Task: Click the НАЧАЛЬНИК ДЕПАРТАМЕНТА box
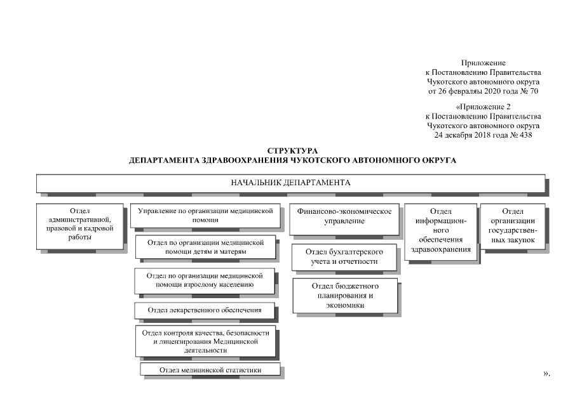coord(290,183)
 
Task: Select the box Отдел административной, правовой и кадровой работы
coord(79,226)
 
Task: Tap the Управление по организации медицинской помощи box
coord(205,216)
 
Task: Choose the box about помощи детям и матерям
coord(205,247)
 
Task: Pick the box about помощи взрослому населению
coord(204,281)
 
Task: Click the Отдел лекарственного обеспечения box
coord(204,310)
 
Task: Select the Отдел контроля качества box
coord(205,341)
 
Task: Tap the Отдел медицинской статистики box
coord(210,369)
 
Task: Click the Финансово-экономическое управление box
coord(344,219)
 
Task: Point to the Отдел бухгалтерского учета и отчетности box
coord(344,258)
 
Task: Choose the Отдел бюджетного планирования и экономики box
coord(345,296)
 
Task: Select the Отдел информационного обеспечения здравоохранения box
coord(441,232)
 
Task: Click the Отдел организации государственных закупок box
coord(513,226)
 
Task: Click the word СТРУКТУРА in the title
coord(292,151)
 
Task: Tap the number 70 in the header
coord(534,91)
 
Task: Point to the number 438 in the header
coord(526,135)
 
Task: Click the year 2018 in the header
coord(482,135)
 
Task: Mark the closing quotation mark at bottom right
coord(545,374)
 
